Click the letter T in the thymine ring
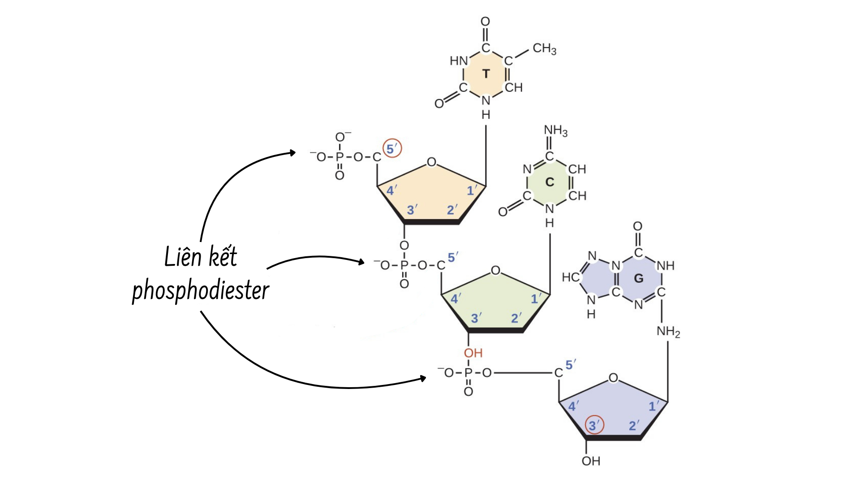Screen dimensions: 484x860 coord(486,74)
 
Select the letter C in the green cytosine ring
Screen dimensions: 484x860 coord(550,182)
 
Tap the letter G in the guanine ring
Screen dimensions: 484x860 coord(639,279)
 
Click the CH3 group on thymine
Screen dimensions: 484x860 coord(544,48)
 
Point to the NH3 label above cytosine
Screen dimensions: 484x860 coord(555,130)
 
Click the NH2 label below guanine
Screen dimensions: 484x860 coord(668,332)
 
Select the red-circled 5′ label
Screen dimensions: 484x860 coord(392,149)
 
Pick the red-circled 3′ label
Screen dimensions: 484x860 coord(594,425)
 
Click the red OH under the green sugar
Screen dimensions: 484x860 coord(473,353)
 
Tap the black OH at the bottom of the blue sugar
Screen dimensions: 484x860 coord(591,461)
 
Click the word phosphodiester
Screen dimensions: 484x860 coord(200,290)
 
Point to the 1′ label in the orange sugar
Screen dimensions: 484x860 coord(472,190)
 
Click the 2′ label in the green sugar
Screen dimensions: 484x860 coord(516,318)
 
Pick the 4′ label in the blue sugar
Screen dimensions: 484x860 coord(573,406)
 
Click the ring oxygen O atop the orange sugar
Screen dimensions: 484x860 coord(431,162)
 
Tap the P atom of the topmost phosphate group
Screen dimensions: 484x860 coord(340,157)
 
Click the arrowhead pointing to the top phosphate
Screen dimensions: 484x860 coord(292,153)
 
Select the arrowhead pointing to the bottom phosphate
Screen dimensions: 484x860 coord(422,378)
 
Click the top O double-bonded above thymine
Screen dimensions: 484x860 coord(485,22)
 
